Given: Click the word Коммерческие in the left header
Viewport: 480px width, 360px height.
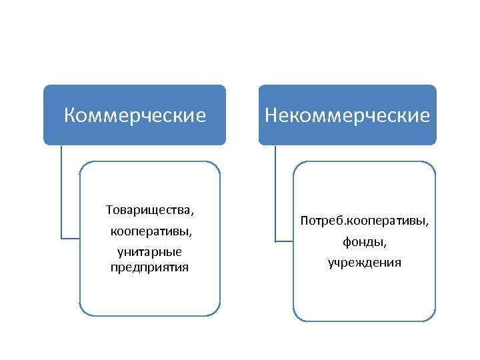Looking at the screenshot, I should [135, 116].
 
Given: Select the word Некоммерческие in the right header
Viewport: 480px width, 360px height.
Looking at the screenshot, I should [347, 116].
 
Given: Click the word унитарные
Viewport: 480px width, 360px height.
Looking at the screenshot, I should [150, 251].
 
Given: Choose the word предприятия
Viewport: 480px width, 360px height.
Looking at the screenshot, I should [150, 267].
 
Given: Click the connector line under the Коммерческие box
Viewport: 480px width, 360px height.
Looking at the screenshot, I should [61, 193].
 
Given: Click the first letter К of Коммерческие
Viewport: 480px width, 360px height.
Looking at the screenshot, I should [70, 116].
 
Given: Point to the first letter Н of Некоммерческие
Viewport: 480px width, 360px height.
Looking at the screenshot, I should [271, 116].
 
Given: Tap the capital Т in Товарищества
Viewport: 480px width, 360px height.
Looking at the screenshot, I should [109, 210].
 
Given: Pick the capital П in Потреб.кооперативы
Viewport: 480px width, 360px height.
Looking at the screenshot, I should [305, 219].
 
